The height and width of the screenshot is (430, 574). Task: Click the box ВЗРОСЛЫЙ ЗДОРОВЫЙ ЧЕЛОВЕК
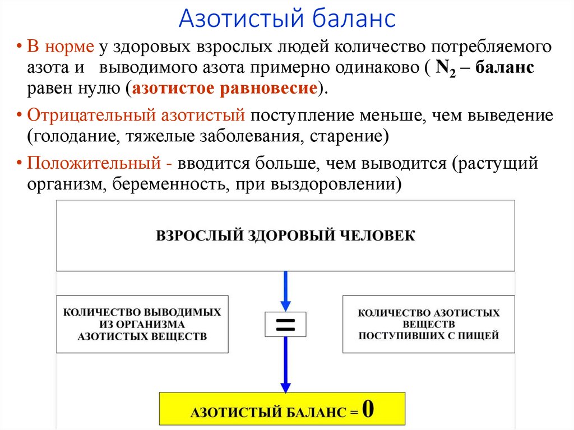tap(285, 235)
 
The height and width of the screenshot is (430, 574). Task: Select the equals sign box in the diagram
tap(285, 324)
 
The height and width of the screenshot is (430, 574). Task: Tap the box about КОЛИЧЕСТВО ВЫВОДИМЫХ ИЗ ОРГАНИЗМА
tap(142, 324)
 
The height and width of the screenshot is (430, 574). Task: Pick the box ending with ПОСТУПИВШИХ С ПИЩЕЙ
tap(428, 324)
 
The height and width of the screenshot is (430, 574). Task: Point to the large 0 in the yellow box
tap(368, 409)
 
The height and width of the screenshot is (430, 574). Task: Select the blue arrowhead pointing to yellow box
tap(285, 387)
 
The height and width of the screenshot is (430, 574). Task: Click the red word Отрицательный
tap(90, 115)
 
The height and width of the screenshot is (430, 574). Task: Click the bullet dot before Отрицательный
tap(20, 115)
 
